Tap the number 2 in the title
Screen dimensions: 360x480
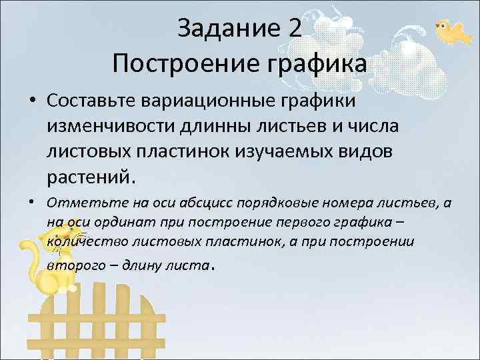click(x=295, y=29)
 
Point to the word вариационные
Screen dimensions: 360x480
click(x=227, y=101)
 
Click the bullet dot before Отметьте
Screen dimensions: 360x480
click(x=33, y=202)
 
